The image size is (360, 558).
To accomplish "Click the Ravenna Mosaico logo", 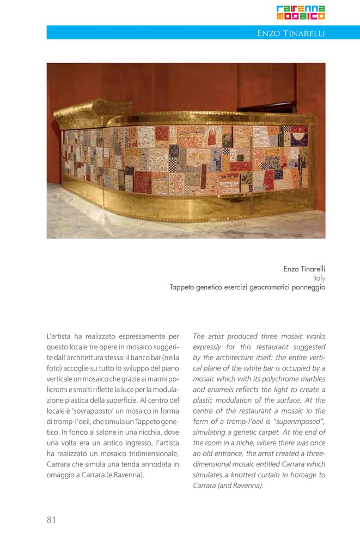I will click(x=301, y=13).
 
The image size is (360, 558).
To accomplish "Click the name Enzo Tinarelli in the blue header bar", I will click(x=291, y=34).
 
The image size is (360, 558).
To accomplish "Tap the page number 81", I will click(x=51, y=519).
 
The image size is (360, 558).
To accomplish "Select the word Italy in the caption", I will click(x=319, y=278).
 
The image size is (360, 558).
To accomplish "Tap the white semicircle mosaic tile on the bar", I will click(x=298, y=131).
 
